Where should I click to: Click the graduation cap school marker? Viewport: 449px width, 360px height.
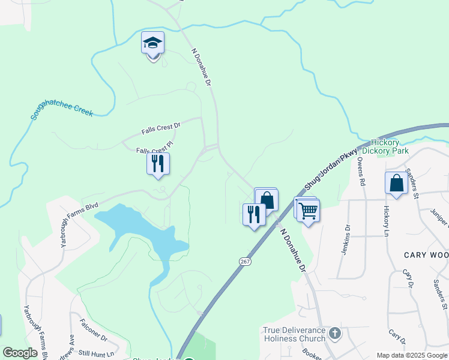(153, 44)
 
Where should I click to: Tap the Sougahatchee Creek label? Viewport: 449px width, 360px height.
(62, 107)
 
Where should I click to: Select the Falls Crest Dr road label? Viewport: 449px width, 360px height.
(161, 128)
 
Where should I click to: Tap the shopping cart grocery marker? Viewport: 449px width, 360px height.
(308, 211)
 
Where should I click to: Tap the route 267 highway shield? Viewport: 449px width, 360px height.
(244, 261)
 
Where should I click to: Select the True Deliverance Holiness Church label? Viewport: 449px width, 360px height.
(294, 334)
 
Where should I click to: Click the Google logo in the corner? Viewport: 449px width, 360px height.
(20, 353)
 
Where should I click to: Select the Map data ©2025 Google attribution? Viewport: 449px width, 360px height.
(411, 355)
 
